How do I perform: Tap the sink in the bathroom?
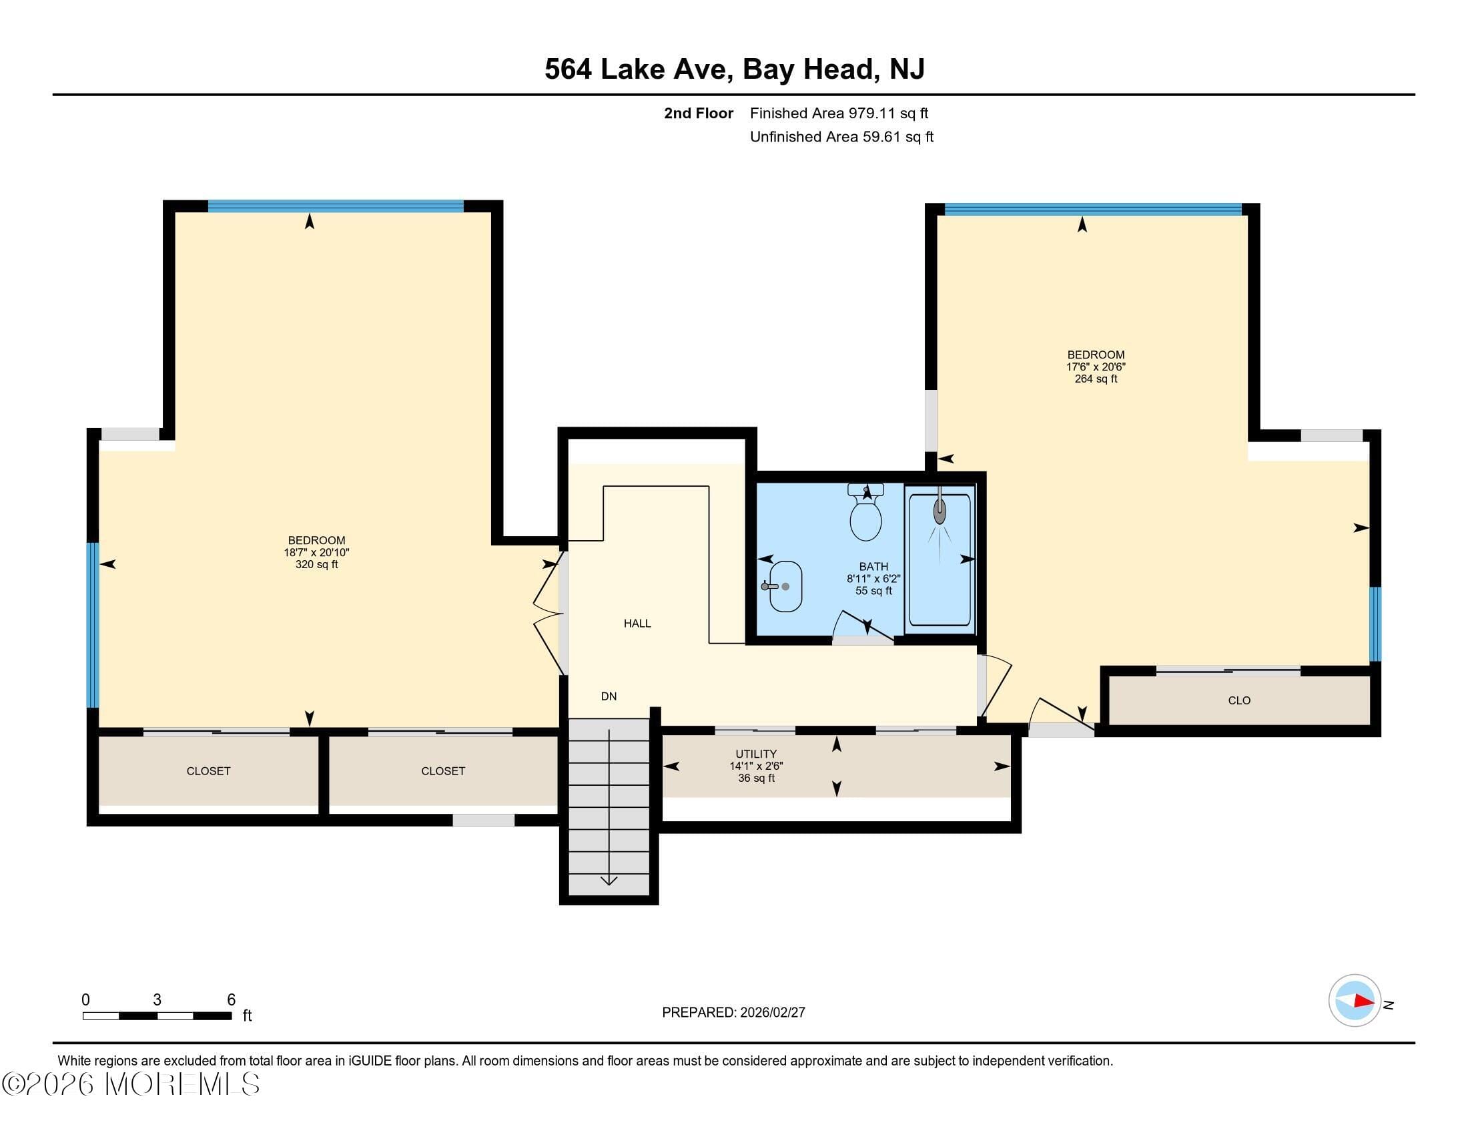[785, 586]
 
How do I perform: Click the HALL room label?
[637, 624]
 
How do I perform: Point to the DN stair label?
[609, 696]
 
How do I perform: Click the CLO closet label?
[1239, 700]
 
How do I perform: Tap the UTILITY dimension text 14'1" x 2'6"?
[756, 766]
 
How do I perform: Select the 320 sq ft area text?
[316, 565]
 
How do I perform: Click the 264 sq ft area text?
[1096, 379]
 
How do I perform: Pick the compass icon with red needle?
[1354, 1001]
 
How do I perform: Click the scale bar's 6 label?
[231, 1000]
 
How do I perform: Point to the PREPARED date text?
[733, 1013]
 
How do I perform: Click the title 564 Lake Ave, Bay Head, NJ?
[734, 69]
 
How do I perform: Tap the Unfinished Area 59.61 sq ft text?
[841, 137]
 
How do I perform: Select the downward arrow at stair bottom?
[609, 880]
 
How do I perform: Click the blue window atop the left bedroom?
[336, 206]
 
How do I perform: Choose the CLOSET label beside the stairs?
[443, 771]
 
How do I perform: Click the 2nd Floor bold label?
[699, 113]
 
